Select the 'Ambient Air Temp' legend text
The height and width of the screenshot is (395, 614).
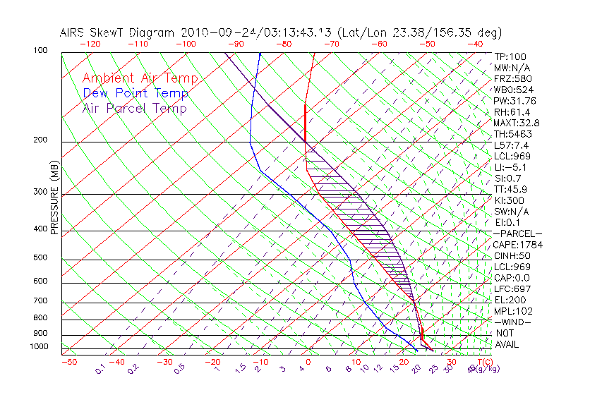[140, 78]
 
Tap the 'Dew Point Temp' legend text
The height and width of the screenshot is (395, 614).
[136, 93]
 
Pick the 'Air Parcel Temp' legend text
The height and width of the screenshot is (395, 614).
[135, 108]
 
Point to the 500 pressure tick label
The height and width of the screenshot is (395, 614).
[40, 258]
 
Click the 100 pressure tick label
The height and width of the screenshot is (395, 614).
[40, 51]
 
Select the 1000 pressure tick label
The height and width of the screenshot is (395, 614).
[38, 347]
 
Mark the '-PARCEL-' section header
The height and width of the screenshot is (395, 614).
[517, 233]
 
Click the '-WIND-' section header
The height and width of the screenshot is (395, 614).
[513, 322]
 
